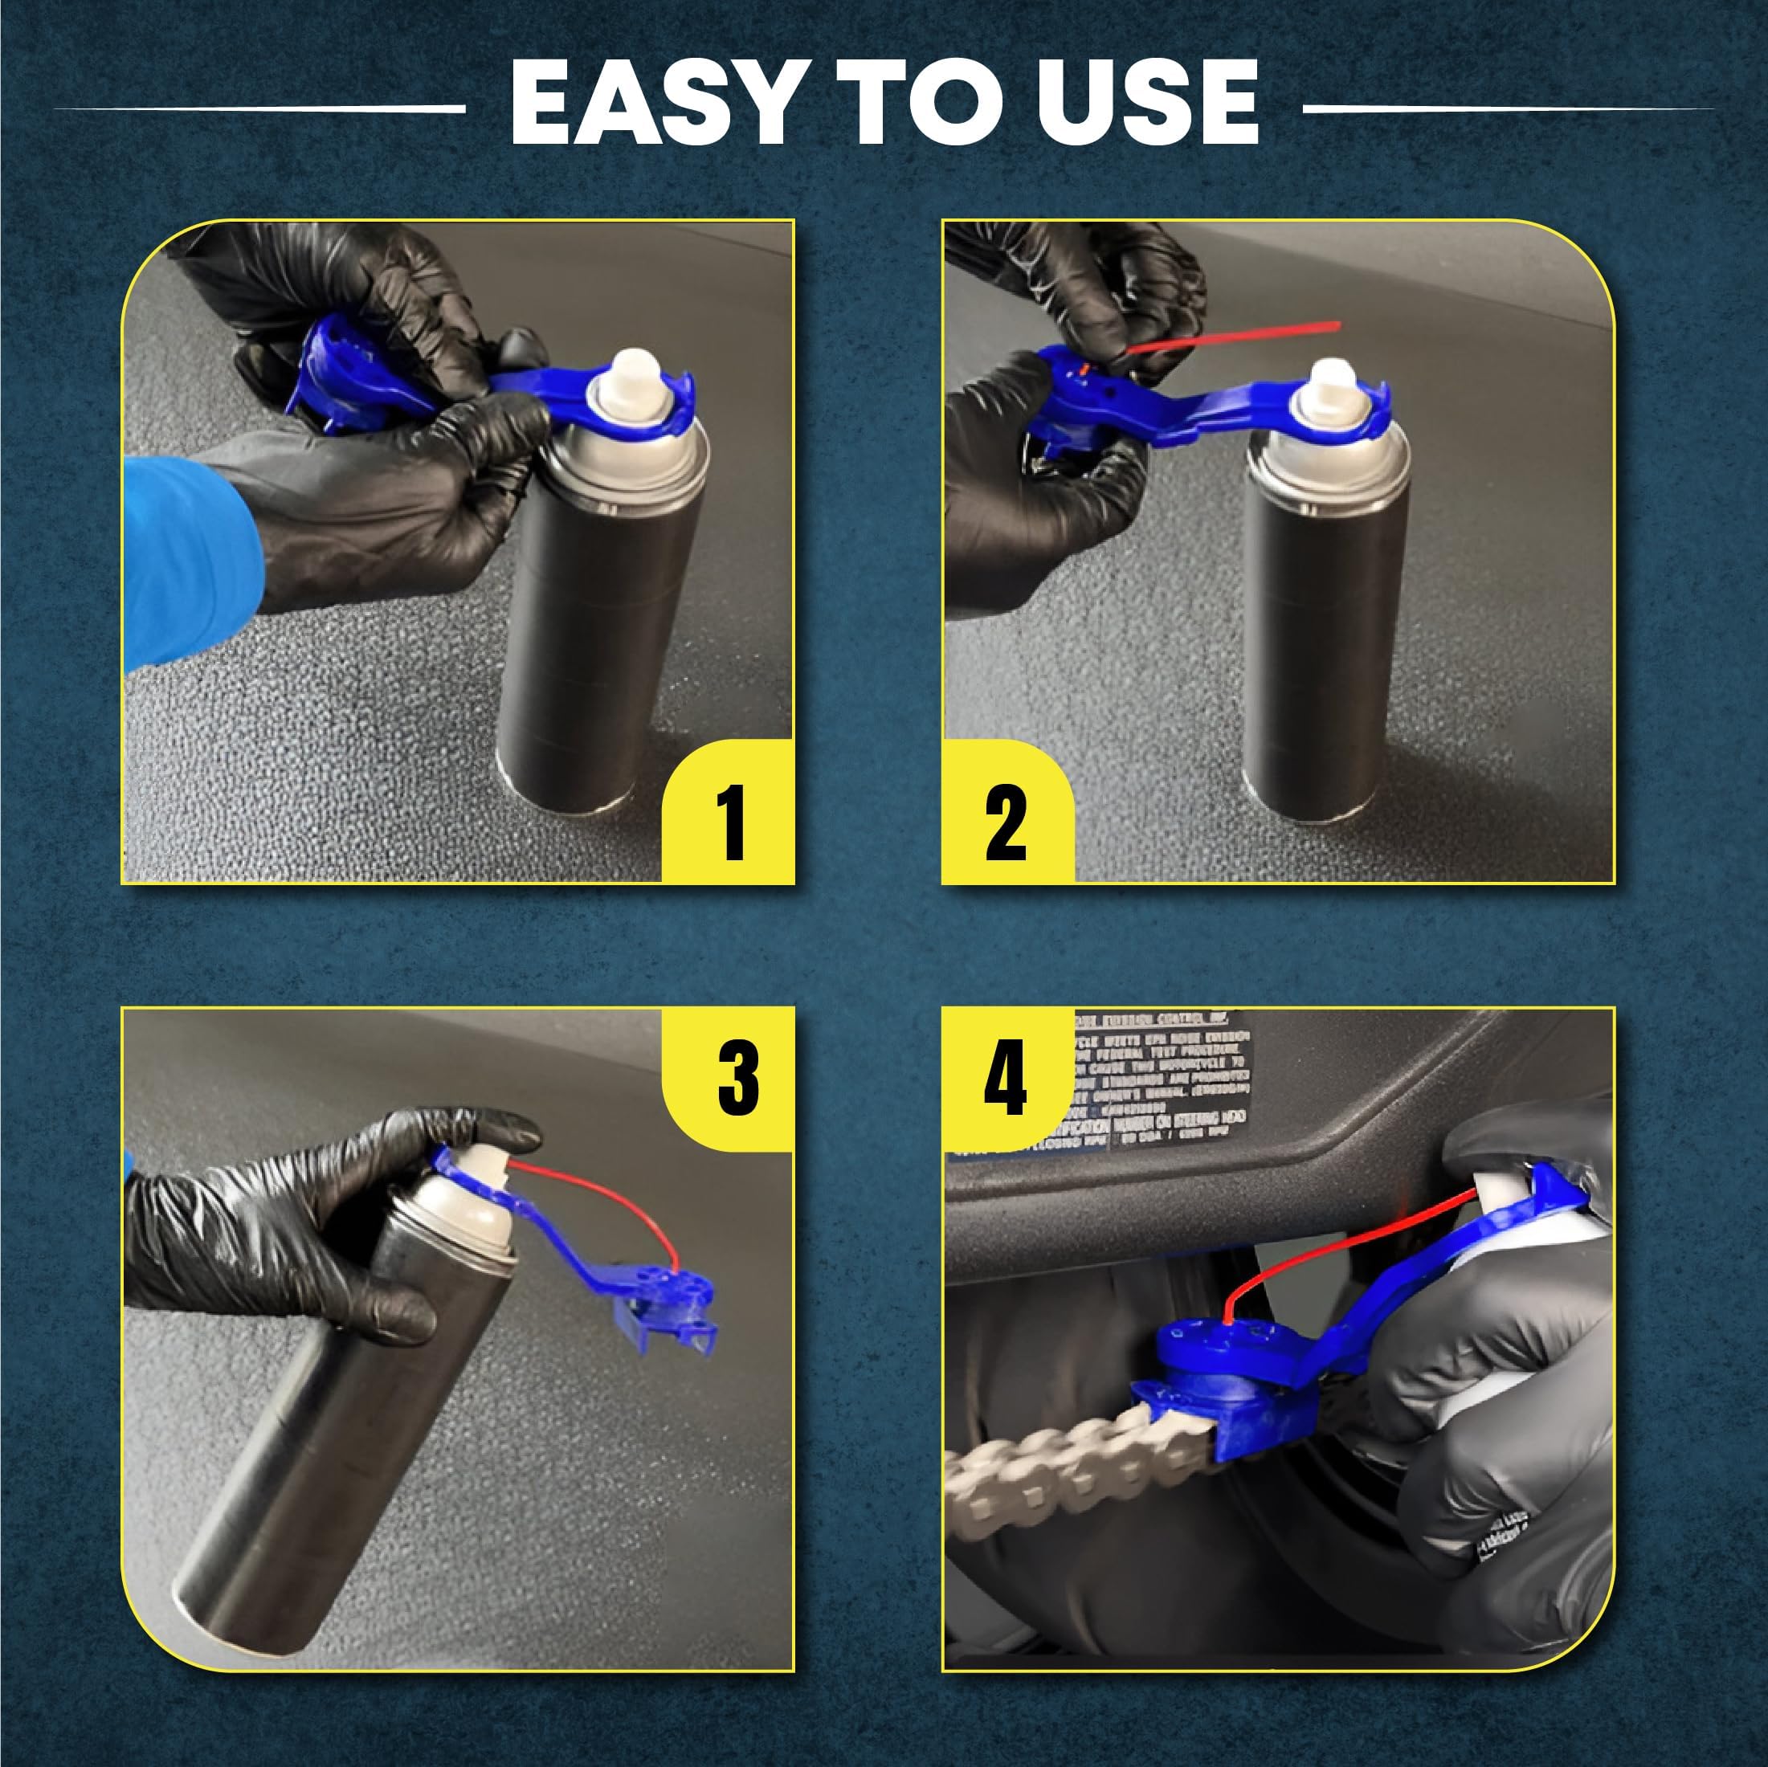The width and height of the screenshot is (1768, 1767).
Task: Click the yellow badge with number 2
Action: (x=1006, y=813)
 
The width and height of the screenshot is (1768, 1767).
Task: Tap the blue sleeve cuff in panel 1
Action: (x=188, y=558)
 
